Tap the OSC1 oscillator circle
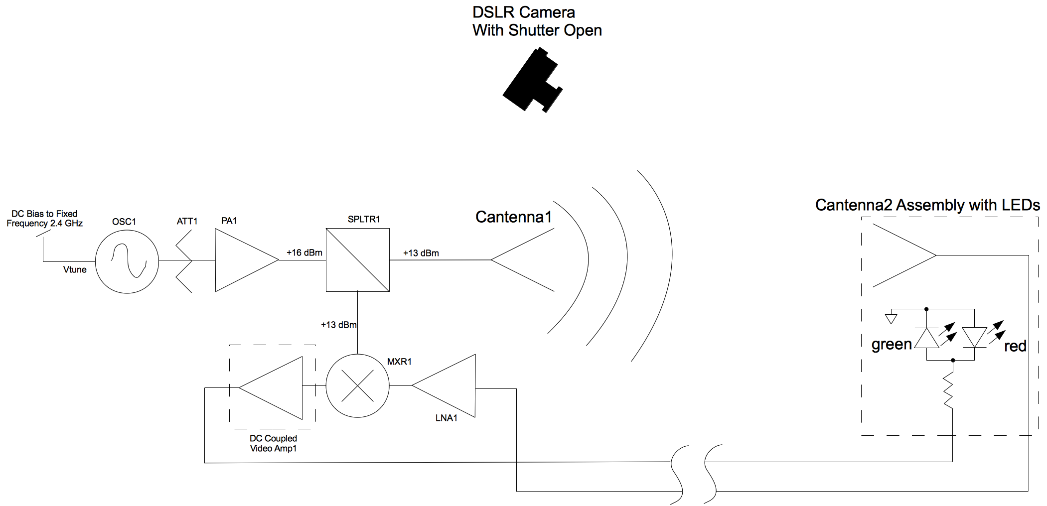[x=127, y=261]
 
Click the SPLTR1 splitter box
[x=357, y=259]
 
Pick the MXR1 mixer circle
[x=357, y=385]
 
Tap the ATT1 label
[x=187, y=221]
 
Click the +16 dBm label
[x=304, y=253]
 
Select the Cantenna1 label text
[x=513, y=217]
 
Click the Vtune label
[x=75, y=269]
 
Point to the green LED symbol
[x=927, y=338]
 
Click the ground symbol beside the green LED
[x=891, y=318]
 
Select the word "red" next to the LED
[x=1015, y=346]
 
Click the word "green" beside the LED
[x=891, y=344]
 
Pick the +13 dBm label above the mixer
[x=338, y=325]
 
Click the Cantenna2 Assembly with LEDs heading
[x=927, y=205]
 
